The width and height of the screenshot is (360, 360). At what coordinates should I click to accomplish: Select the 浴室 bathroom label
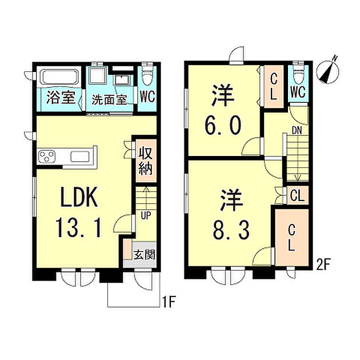[61, 97]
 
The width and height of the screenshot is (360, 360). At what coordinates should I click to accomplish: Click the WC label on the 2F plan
[297, 91]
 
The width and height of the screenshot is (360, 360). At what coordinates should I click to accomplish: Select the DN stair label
[297, 130]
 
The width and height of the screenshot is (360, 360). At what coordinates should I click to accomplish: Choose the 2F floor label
[323, 265]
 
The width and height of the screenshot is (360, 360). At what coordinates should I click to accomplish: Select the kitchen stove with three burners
[47, 156]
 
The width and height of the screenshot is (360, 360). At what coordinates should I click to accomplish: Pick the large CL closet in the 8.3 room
[290, 239]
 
